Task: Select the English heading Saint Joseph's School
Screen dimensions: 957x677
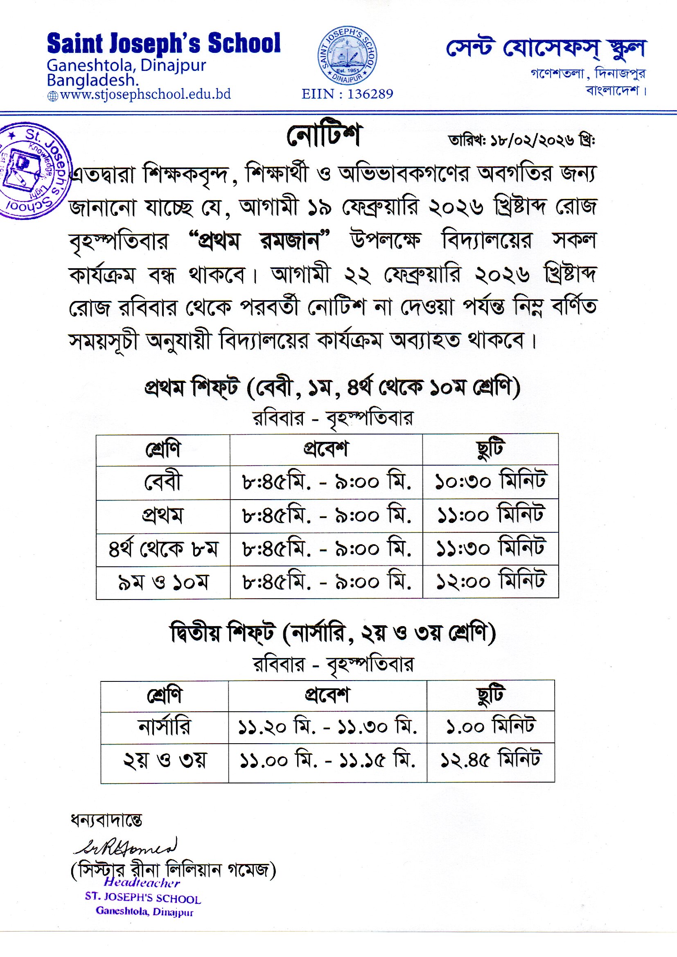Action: tap(164, 44)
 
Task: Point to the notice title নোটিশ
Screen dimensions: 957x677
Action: tap(323, 136)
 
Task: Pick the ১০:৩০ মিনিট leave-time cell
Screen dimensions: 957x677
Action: tap(490, 482)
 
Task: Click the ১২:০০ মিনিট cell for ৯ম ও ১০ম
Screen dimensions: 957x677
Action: tap(490, 581)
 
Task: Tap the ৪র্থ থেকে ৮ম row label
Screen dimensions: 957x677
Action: tap(163, 549)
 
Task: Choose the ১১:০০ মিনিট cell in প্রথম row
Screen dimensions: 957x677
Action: tap(490, 516)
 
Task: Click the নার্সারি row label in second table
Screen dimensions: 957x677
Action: tap(164, 727)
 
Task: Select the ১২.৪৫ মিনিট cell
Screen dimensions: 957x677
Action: tap(491, 760)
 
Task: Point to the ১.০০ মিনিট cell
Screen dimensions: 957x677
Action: tap(491, 727)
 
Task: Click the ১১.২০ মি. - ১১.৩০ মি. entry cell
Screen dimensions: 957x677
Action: tap(327, 727)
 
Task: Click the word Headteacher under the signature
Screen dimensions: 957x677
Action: tap(142, 883)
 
